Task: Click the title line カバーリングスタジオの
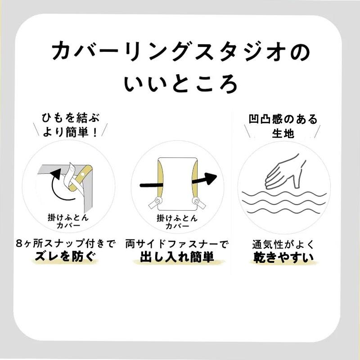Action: point(181,51)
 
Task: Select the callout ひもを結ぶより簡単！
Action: point(71,125)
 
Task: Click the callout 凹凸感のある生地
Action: point(283,126)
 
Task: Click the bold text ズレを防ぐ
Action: point(65,256)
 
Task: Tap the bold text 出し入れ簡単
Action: point(177,257)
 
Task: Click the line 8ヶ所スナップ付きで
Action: point(65,243)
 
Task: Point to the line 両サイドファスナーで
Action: point(177,244)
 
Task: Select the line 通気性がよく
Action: point(283,244)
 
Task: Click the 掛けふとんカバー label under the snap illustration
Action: point(68,221)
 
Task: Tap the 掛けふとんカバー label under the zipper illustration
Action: point(177,221)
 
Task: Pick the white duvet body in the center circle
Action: point(177,184)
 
